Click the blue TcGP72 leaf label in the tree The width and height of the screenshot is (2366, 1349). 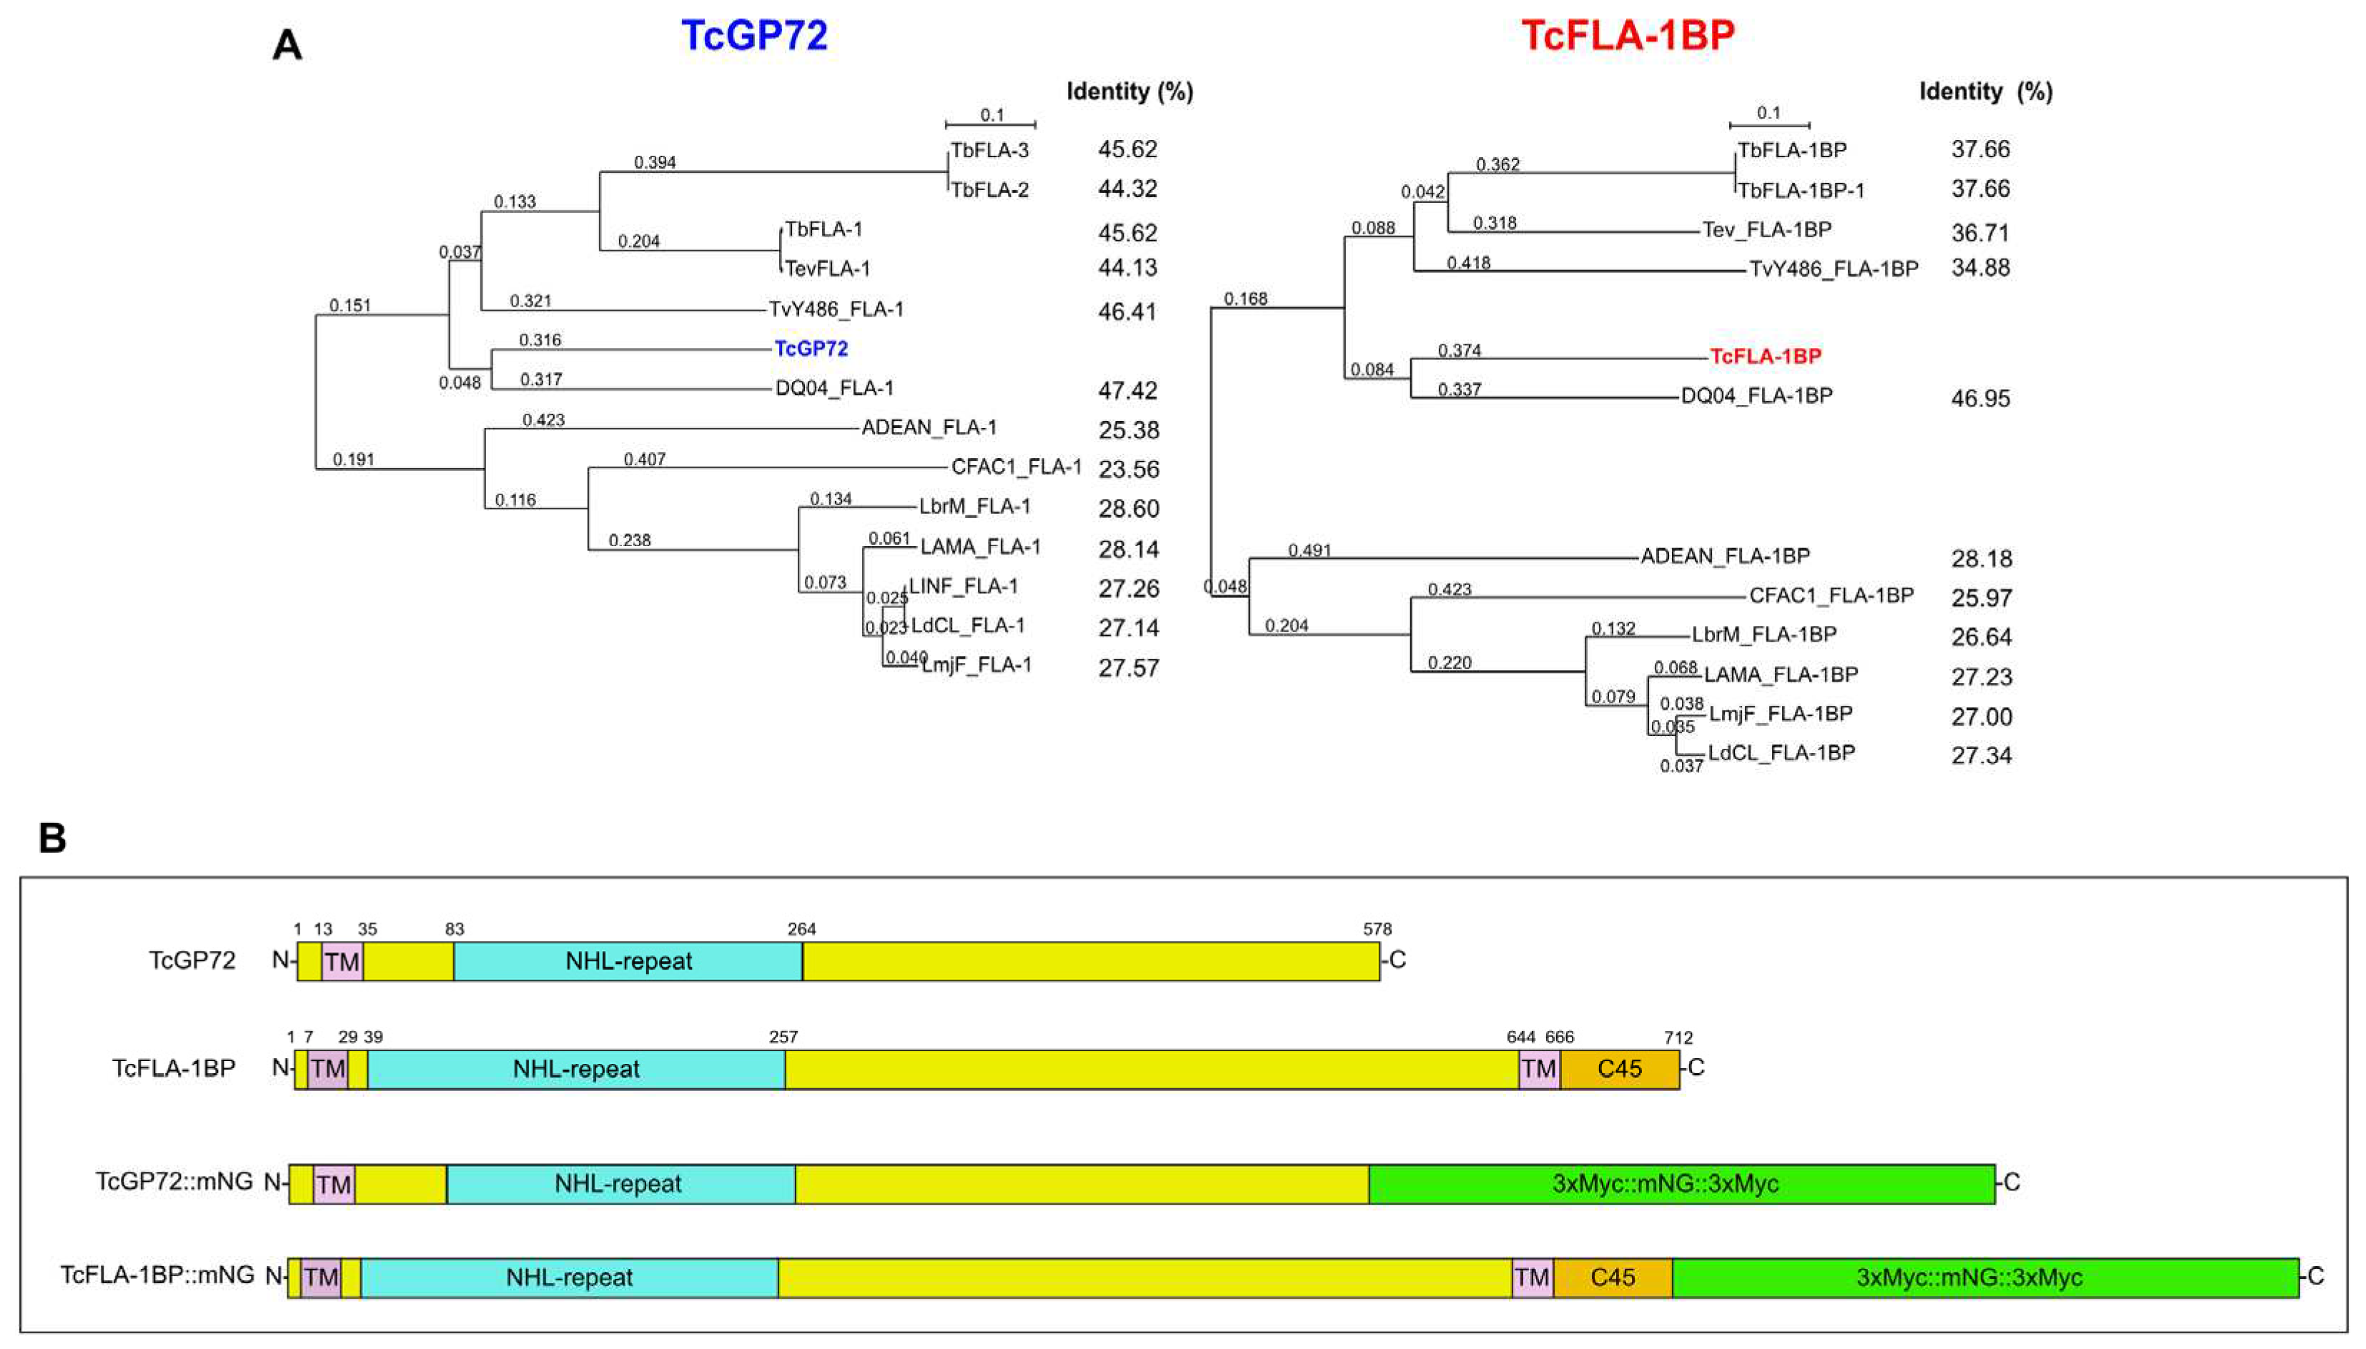811,349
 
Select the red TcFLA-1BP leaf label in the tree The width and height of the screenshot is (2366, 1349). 1765,356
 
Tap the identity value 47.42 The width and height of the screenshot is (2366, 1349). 1127,390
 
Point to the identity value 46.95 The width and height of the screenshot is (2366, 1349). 1981,399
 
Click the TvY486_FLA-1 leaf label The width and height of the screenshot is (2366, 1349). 836,309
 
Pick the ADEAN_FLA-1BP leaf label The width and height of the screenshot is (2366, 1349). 1725,556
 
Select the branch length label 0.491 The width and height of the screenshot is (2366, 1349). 1309,550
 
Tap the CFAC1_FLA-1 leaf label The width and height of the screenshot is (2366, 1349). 1016,467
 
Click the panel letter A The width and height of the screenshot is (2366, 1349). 287,44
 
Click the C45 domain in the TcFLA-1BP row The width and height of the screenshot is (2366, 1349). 1619,1069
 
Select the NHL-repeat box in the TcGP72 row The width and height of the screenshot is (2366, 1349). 628,961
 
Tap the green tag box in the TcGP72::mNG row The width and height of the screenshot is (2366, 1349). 1681,1184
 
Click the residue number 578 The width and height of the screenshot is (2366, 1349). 1377,928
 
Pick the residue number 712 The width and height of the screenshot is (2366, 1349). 1678,1037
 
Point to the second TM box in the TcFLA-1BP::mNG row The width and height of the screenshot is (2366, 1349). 1531,1278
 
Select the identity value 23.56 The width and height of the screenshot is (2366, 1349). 1128,469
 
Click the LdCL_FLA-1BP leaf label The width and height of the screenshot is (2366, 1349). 1781,752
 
